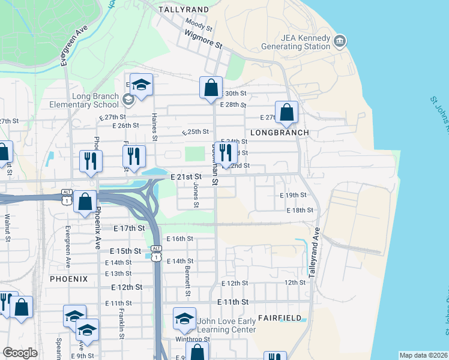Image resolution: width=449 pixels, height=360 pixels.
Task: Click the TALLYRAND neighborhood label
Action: pos(184,10)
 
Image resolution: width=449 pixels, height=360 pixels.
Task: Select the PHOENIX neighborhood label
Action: pos(69,279)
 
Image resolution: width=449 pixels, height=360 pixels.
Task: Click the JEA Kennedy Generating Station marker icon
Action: pos(340,41)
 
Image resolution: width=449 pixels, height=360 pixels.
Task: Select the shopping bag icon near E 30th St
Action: pos(211,88)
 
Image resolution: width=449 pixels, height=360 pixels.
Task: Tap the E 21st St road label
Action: pos(185,177)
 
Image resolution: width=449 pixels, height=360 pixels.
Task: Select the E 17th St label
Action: pos(129,229)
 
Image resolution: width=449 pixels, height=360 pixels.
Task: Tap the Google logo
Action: pos(20,353)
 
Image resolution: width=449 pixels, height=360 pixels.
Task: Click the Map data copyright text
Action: pos(423,355)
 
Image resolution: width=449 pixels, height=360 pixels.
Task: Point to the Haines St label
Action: pos(154,127)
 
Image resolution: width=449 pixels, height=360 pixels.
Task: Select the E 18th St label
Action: pos(300,210)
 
